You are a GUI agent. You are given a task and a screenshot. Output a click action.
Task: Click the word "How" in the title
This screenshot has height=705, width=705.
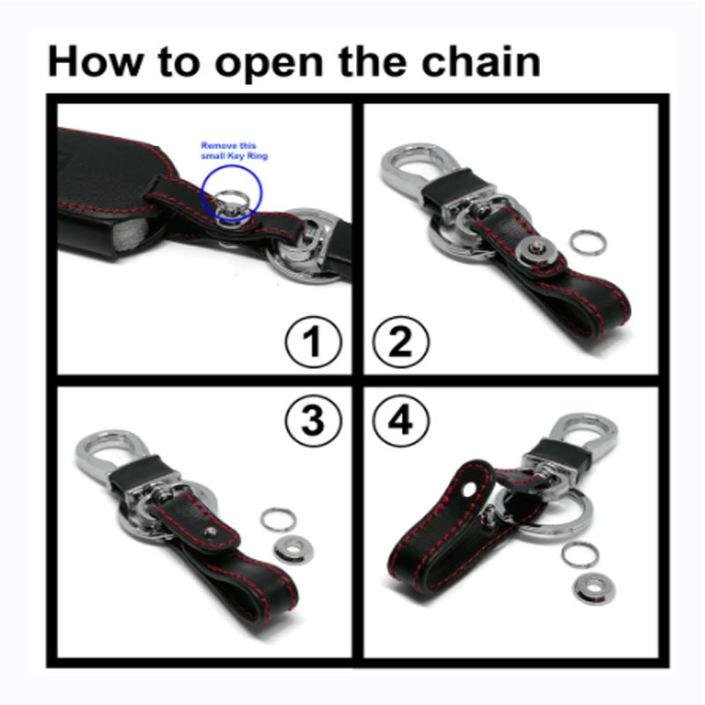[x=93, y=61]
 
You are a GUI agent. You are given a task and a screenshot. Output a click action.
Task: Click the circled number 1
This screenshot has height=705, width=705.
[x=313, y=342]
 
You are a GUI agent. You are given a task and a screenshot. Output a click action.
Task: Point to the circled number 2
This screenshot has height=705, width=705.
[x=401, y=342]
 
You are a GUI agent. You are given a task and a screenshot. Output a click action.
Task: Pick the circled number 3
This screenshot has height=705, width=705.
[x=313, y=420]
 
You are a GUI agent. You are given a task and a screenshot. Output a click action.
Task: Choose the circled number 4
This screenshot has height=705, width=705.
[x=401, y=420]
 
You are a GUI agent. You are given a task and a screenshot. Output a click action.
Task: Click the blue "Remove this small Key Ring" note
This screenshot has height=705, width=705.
[x=234, y=151]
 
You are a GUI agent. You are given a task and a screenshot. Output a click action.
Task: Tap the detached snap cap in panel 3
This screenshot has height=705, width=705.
[x=293, y=548]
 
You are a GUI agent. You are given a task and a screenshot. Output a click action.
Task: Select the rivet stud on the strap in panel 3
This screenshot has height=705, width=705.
[x=210, y=533]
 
